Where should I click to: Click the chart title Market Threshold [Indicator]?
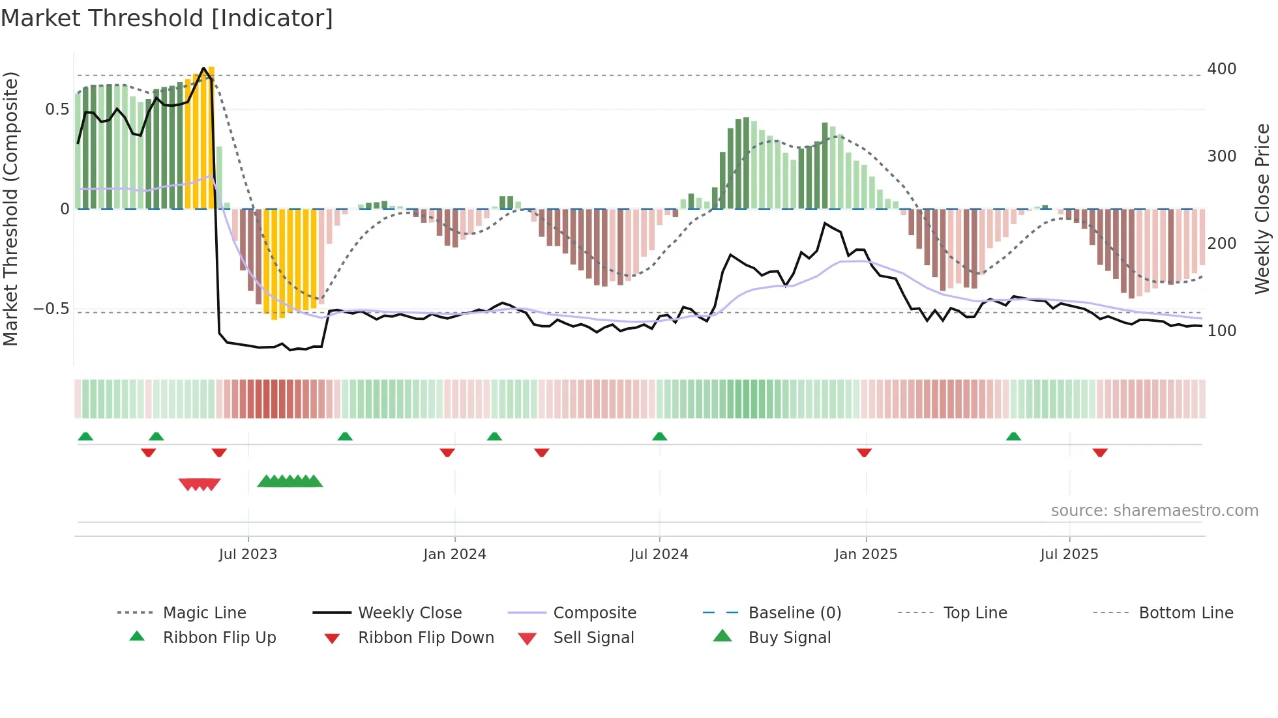(x=167, y=18)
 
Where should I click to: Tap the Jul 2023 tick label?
(x=248, y=554)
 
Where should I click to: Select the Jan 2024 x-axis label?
(x=454, y=554)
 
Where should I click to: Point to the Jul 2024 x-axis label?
(x=659, y=554)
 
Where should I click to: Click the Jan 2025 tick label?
(x=866, y=554)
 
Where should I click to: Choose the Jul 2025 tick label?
(x=1069, y=554)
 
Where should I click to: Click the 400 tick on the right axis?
(x=1221, y=69)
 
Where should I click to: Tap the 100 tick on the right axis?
(x=1221, y=331)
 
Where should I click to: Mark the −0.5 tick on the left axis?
(x=51, y=309)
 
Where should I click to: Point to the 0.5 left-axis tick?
(x=57, y=109)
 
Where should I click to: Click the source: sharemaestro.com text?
(x=1154, y=511)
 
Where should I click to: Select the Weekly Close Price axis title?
(x=1262, y=208)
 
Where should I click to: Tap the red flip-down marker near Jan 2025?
(x=864, y=452)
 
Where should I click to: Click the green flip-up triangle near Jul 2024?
(x=659, y=437)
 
